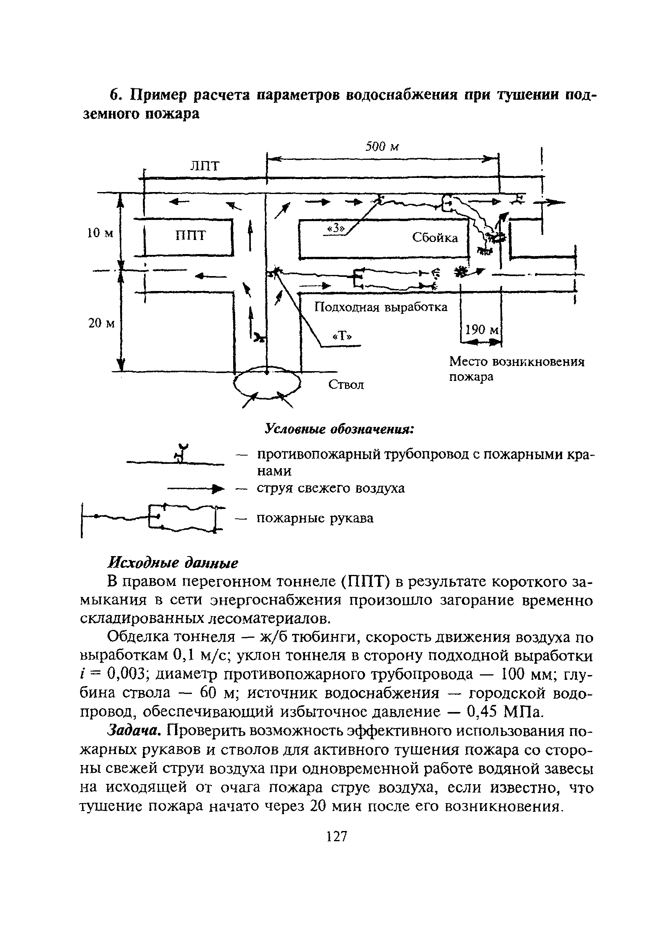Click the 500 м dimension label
(382, 146)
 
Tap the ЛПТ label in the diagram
(205, 166)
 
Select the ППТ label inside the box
(191, 235)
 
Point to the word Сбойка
(435, 238)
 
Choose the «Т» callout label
(342, 336)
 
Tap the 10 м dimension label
(100, 233)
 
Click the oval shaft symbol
(267, 383)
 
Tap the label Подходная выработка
(381, 307)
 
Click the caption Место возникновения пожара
(517, 369)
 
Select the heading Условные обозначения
(340, 429)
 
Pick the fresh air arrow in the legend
(196, 488)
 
